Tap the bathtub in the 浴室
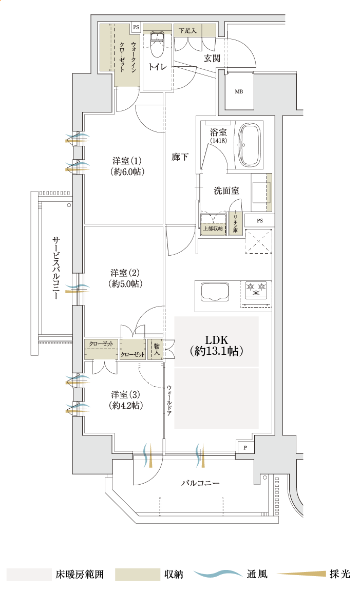[x=251, y=145]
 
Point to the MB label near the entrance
[x=239, y=92]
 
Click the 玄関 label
[x=212, y=59]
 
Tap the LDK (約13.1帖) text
[x=216, y=346]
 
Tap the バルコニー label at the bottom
[x=200, y=484]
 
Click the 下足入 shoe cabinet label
[x=187, y=31]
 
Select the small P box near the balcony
[x=245, y=448]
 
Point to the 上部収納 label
[x=213, y=228]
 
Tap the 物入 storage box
[x=156, y=350]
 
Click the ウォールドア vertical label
[x=169, y=399]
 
